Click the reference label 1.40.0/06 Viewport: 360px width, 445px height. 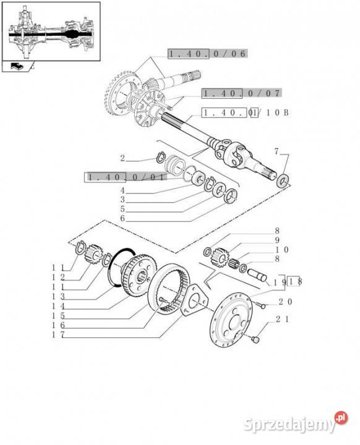(x=207, y=53)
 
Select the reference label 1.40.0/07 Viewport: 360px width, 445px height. (x=241, y=93)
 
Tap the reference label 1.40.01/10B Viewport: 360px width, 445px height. (x=245, y=112)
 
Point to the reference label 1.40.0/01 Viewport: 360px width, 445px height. (x=126, y=177)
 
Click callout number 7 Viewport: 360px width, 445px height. (x=276, y=151)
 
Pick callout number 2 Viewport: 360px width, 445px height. (x=122, y=158)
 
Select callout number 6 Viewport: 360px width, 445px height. (x=122, y=218)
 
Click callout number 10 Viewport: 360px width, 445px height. (x=281, y=250)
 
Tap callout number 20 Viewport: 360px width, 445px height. (x=285, y=302)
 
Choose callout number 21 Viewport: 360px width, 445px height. (x=282, y=320)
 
